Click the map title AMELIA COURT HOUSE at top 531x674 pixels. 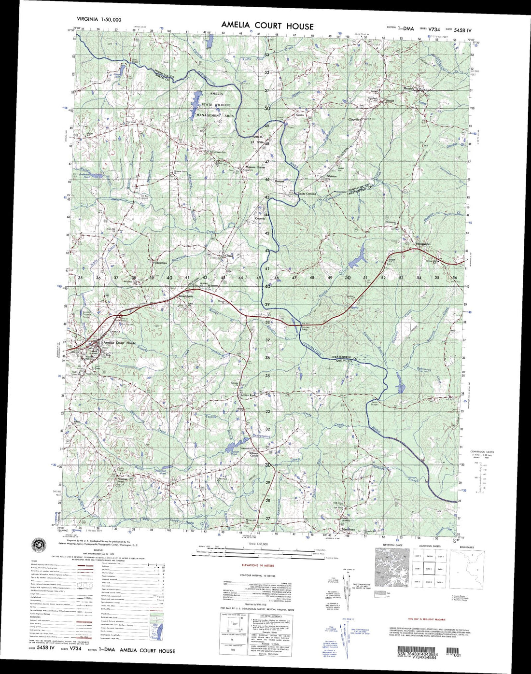267,26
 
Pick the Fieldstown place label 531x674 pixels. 159,263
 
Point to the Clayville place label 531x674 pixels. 355,119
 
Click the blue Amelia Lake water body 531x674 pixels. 196,101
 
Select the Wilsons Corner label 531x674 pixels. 254,454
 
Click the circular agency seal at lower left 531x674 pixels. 38,545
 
